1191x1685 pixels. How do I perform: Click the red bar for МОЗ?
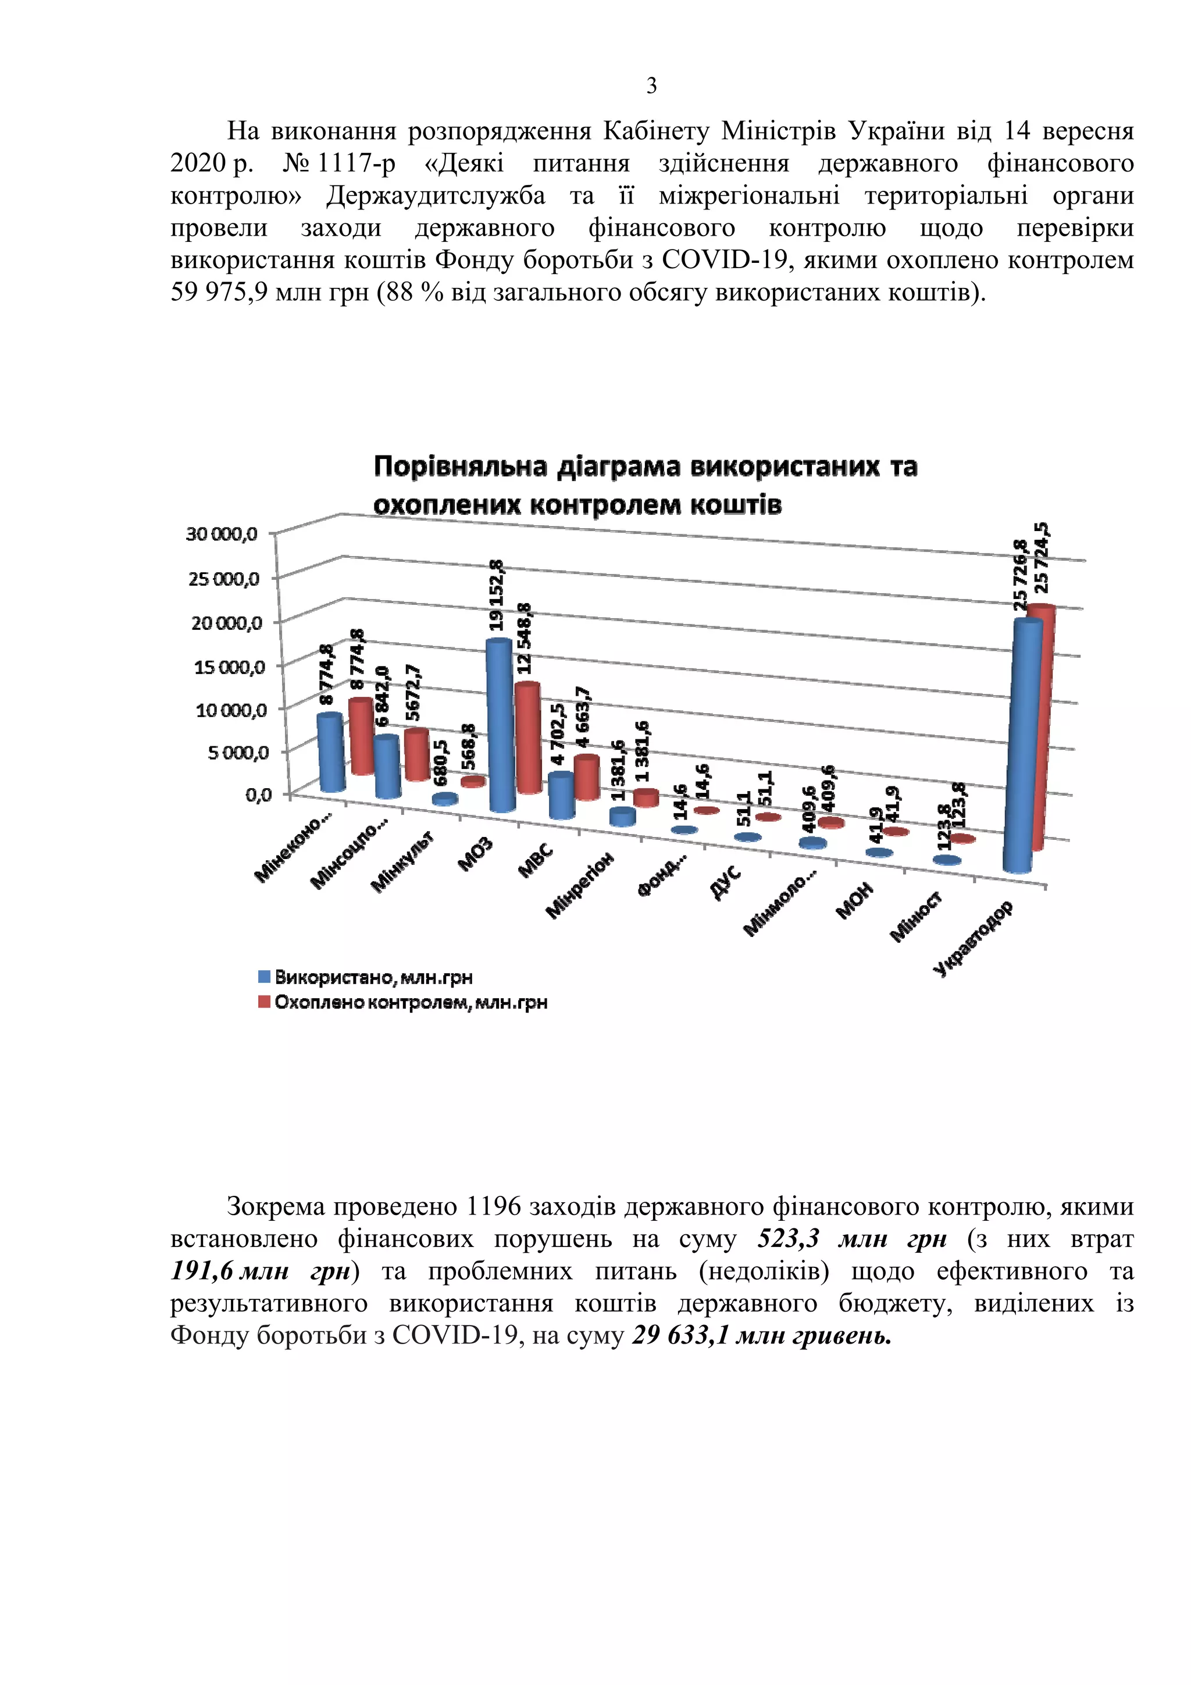pos(527,738)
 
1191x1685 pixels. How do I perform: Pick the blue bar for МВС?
pos(561,797)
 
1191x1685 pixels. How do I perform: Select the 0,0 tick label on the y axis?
pos(258,795)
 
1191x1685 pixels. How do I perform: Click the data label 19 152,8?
pos(497,595)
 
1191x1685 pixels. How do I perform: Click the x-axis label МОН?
pos(855,900)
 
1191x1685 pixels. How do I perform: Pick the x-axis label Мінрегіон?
pos(580,885)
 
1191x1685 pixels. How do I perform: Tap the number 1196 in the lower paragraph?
pos(493,1206)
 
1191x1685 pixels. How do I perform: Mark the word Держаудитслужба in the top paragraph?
pos(436,196)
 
